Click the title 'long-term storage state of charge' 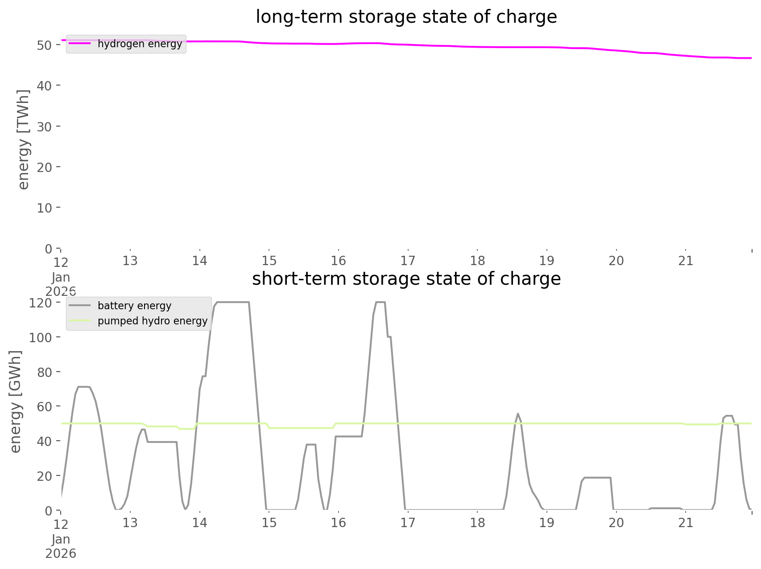pos(406,17)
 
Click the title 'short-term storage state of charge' pos(406,279)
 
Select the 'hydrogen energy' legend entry pos(140,44)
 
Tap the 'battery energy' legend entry pos(134,306)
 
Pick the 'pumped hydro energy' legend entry pos(153,321)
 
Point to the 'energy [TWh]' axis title pos(24,139)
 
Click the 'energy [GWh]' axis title pos(16,401)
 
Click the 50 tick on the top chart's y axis pos(45,45)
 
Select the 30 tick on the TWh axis pos(45,127)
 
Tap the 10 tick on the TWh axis pos(45,208)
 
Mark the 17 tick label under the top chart pos(408,261)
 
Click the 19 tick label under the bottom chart pos(547,523)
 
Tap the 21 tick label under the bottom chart pos(686,523)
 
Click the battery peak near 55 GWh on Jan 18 pos(517,414)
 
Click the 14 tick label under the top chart pos(199,261)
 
